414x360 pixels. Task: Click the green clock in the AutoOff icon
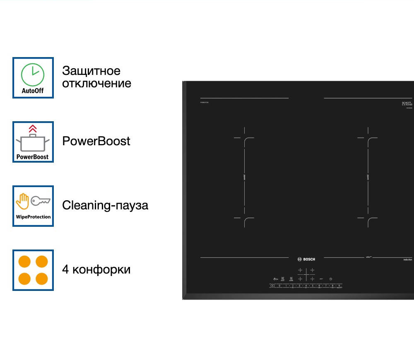point(33,74)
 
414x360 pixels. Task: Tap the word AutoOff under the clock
point(33,91)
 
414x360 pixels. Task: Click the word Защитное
point(91,71)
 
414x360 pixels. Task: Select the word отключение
point(96,83)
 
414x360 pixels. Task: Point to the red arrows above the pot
point(33,129)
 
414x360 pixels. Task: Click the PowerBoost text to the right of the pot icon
point(96,141)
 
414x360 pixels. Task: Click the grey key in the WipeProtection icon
point(41,201)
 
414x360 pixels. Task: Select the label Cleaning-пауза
point(105,205)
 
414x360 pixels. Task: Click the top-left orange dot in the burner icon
point(25,262)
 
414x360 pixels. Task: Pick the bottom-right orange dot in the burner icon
point(42,278)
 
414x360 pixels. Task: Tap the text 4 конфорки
point(96,269)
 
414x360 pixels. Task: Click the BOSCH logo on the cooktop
point(306,259)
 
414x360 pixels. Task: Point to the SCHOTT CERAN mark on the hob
point(407,103)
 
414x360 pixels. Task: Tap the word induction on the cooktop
point(407,259)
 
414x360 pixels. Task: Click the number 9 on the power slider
point(339,286)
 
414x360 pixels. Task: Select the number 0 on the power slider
point(279,286)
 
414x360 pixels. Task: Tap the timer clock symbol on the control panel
point(331,279)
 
